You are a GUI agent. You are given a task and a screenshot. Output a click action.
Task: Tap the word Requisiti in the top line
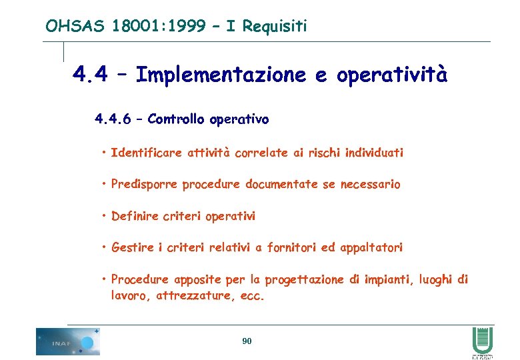click(275, 26)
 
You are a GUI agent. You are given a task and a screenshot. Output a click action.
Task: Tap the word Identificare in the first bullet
click(146, 153)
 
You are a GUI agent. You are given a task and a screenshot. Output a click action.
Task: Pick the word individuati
click(374, 153)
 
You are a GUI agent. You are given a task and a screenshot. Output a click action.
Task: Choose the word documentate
click(282, 184)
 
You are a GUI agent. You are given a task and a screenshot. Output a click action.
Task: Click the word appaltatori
click(371, 247)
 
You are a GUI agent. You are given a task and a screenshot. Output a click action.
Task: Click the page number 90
click(247, 341)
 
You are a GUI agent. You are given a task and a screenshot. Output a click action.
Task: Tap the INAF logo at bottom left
click(68, 341)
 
